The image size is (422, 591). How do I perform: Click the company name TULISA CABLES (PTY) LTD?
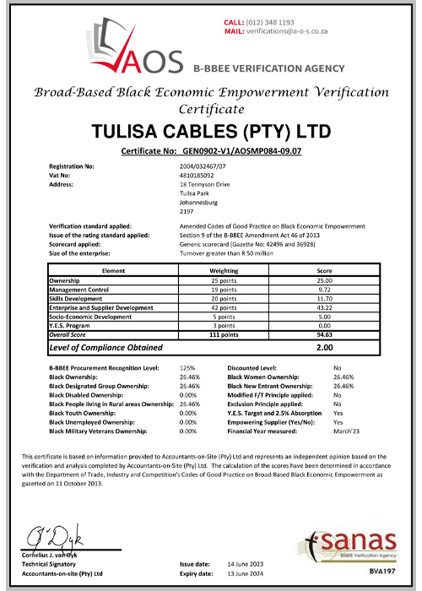(x=211, y=132)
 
